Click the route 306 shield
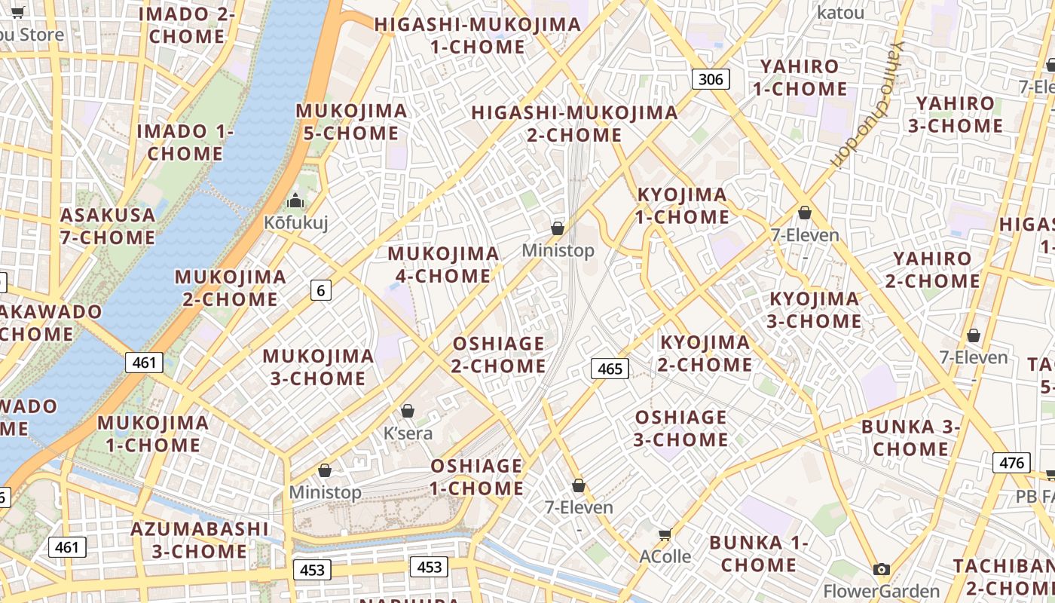[x=711, y=78]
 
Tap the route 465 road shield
[x=610, y=369]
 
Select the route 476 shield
[x=1011, y=462]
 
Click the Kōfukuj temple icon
[x=295, y=201]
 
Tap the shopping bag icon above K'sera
[x=408, y=411]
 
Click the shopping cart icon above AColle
[x=665, y=534]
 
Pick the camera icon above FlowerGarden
[x=881, y=569]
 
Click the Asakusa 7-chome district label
[x=108, y=226]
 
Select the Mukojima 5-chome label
[x=351, y=122]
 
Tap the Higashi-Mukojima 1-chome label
[x=478, y=35]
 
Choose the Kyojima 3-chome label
[x=814, y=310]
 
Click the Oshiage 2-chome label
[x=498, y=354]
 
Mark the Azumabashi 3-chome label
[x=200, y=540]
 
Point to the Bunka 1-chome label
[x=759, y=553]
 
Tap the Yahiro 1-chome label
[x=800, y=78]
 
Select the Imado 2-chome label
[x=187, y=25]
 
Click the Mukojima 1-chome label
[x=153, y=433]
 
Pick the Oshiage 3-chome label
[x=680, y=428]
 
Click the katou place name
[x=840, y=12]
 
